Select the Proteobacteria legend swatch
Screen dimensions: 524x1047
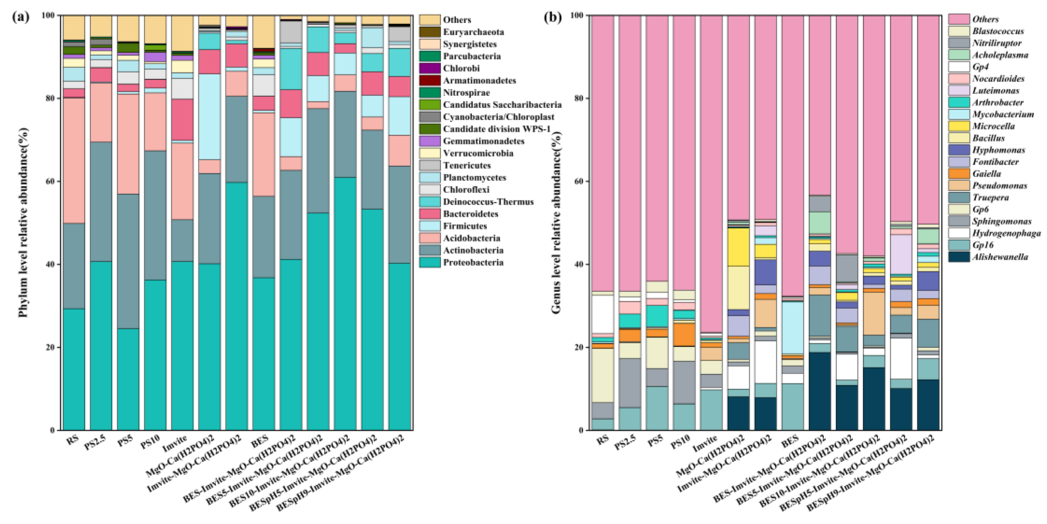tap(430, 262)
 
